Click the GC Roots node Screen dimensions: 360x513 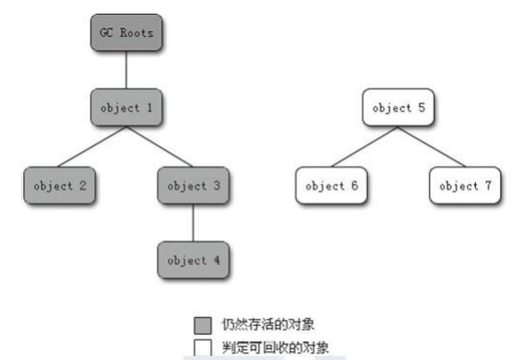click(127, 33)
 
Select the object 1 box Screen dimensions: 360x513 click(127, 109)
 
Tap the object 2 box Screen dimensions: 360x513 click(59, 185)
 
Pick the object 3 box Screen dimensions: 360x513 click(193, 185)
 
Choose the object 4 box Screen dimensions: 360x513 click(193, 260)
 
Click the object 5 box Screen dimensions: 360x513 click(397, 109)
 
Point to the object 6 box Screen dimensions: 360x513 click(330, 185)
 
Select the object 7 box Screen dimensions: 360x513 click(464, 185)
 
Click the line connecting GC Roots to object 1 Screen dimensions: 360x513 click(127, 71)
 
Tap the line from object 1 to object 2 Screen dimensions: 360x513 click(93, 147)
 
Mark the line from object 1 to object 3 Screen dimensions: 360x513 click(160, 147)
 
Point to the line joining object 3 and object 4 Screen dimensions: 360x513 click(193, 223)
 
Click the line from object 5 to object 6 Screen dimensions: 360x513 click(363, 147)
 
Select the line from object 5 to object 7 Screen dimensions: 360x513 click(431, 147)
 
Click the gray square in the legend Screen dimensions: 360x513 click(203, 324)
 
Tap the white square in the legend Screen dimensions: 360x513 click(203, 345)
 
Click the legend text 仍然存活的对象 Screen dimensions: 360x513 click(268, 324)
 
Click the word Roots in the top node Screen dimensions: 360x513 click(137, 33)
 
